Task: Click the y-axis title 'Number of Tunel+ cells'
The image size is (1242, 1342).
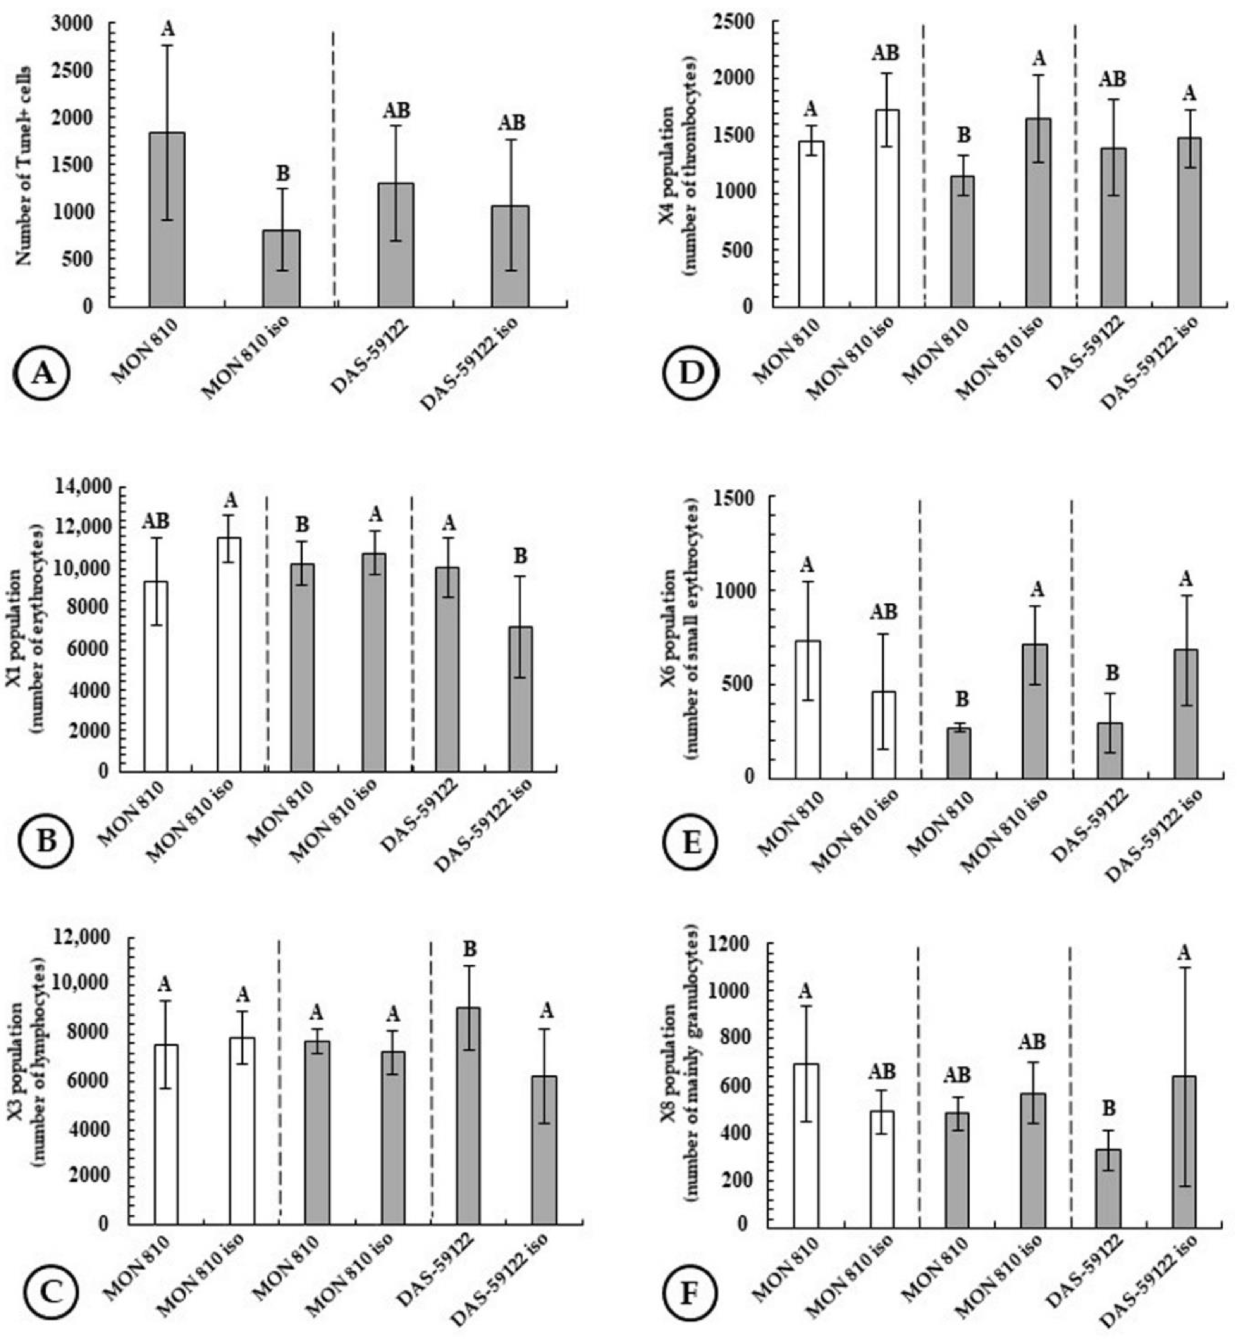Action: coord(24,165)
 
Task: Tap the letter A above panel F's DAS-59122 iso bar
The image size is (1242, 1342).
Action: coord(1184,953)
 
